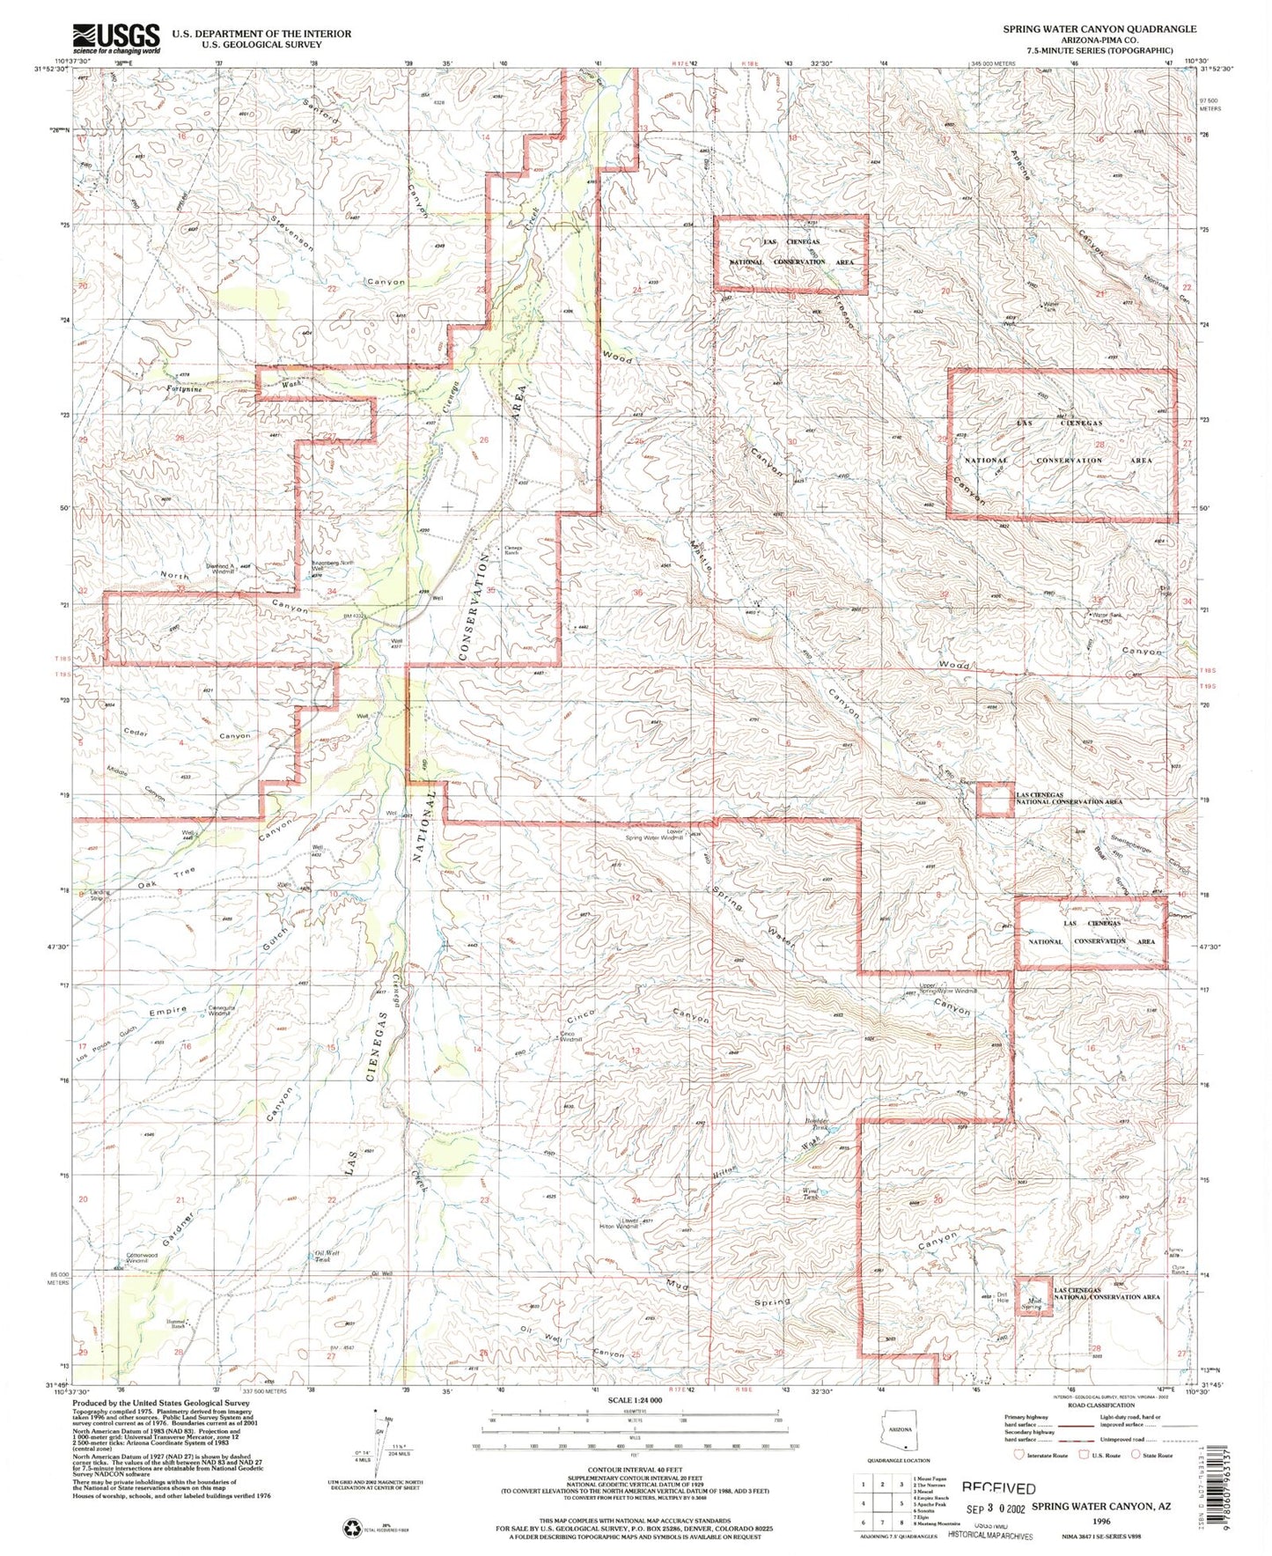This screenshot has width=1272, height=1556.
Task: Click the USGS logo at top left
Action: (x=116, y=38)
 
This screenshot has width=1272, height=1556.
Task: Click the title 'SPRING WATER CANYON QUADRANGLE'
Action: (x=1099, y=29)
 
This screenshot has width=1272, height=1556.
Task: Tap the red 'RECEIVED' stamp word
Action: (x=998, y=1487)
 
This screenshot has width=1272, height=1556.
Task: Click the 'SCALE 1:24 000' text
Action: (x=633, y=1400)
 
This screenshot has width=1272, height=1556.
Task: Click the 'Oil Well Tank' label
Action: (x=327, y=1254)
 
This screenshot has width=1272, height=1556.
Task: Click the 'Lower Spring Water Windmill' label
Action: (x=673, y=833)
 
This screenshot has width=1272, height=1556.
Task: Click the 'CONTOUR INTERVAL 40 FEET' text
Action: (x=633, y=1469)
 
